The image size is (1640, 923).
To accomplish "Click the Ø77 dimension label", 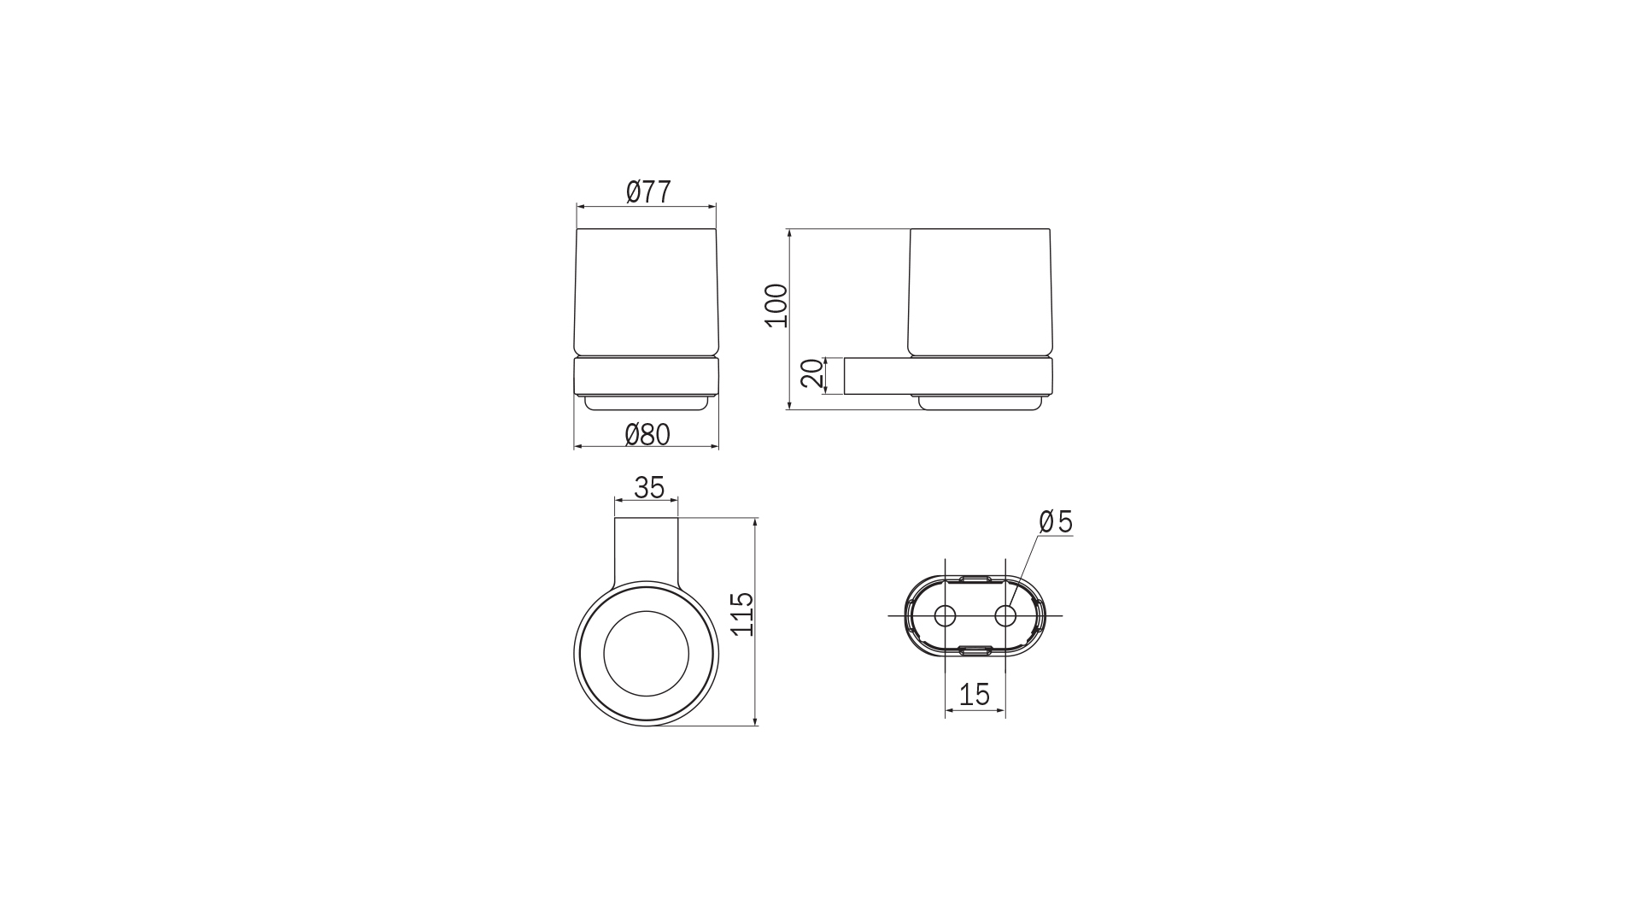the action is point(648,191).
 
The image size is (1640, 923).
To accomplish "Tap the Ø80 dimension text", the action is point(647,435).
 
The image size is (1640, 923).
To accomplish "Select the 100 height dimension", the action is point(776,306).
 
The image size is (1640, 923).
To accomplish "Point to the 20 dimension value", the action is point(813,374).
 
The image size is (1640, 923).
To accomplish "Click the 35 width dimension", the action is point(649,488).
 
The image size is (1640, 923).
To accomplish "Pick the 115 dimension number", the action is point(742,614).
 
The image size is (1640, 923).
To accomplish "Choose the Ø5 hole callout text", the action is point(1056,521).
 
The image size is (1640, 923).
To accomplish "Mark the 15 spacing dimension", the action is point(974,694).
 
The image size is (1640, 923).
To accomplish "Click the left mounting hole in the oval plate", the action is point(945,616).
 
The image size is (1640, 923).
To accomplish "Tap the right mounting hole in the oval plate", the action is point(1004,616).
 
